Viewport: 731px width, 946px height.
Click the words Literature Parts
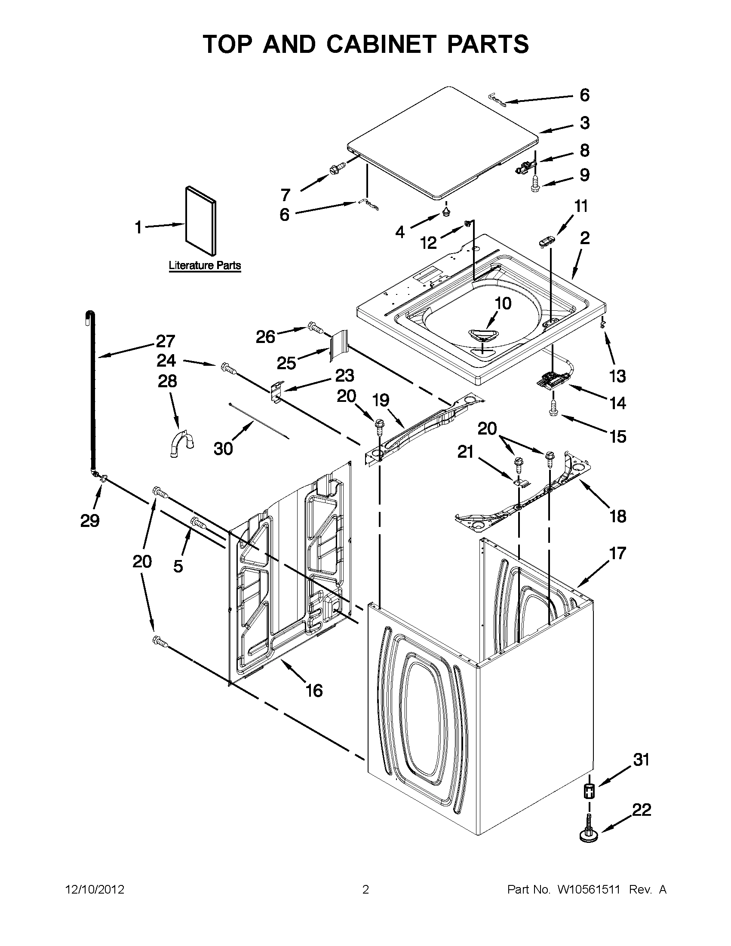coord(205,265)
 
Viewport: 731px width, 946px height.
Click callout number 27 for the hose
coord(165,341)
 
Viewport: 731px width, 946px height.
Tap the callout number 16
coord(314,690)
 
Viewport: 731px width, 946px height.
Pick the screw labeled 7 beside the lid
coord(338,169)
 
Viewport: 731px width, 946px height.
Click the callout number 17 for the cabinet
coord(617,553)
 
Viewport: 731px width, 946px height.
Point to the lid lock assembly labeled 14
coord(552,380)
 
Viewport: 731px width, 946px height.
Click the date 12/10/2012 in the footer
coord(95,890)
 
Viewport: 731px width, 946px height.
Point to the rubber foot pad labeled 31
coord(589,791)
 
